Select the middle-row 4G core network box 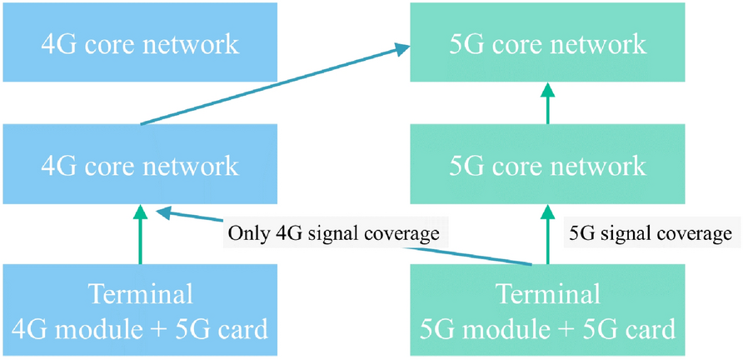pyautogui.click(x=139, y=164)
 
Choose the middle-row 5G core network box pyautogui.click(x=547, y=164)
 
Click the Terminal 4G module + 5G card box pyautogui.click(x=139, y=312)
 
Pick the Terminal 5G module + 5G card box pyautogui.click(x=547, y=312)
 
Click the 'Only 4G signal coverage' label pyautogui.click(x=333, y=233)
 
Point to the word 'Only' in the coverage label pyautogui.click(x=247, y=233)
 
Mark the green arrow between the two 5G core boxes pyautogui.click(x=547, y=103)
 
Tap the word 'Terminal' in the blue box pyautogui.click(x=139, y=294)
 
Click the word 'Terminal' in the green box pyautogui.click(x=547, y=294)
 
